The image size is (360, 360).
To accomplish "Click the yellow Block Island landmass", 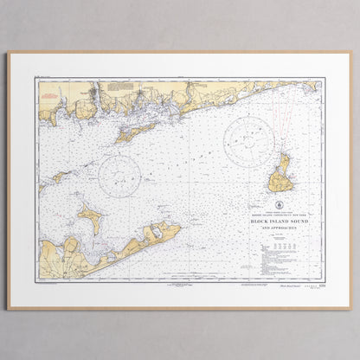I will tap(280, 175).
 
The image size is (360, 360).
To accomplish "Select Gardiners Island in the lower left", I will tap(91, 219).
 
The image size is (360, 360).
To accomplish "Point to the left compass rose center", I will tap(119, 176).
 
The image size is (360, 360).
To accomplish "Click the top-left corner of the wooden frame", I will tap(9, 53).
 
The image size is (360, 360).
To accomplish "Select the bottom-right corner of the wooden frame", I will tap(350, 308).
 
